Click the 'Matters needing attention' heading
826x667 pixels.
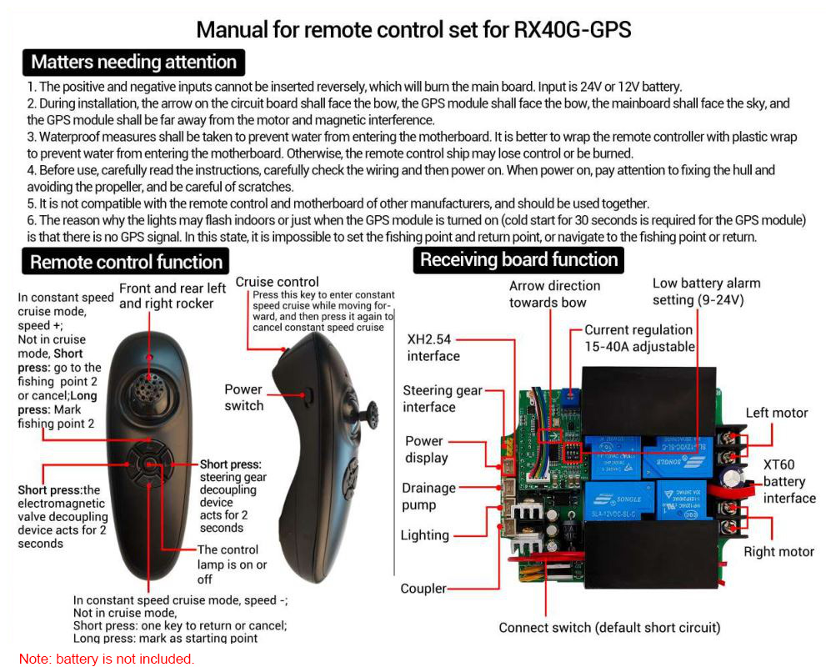[x=133, y=62]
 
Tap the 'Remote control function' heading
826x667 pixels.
[x=126, y=262]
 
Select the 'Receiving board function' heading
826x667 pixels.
[x=518, y=259]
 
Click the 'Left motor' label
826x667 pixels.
[x=777, y=413]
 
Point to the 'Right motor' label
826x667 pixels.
[x=779, y=551]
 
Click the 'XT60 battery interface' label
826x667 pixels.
[x=789, y=481]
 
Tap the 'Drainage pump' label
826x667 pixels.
[x=428, y=496]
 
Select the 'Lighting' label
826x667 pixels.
[x=424, y=535]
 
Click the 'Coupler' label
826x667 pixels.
[x=423, y=589]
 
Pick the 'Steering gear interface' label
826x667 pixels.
[x=442, y=399]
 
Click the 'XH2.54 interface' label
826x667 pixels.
[x=433, y=348]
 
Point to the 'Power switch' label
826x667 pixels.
[x=243, y=398]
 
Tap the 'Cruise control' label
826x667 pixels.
[x=277, y=282]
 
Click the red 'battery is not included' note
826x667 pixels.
[x=107, y=659]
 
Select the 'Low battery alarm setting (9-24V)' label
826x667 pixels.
[x=706, y=292]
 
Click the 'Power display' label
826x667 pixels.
[x=426, y=449]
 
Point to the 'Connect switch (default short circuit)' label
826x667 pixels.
[x=609, y=628]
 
